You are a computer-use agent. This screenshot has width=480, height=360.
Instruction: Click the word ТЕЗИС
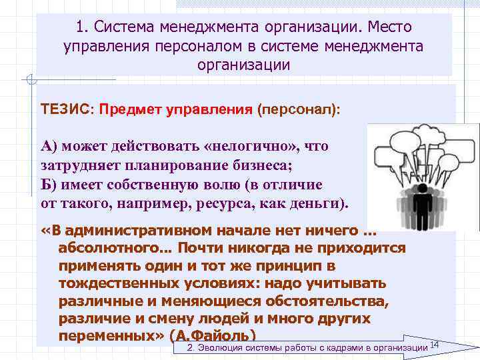point(66,108)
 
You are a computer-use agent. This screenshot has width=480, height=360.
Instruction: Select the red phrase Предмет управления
point(175,108)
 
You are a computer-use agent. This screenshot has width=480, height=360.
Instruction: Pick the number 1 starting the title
point(80,28)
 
